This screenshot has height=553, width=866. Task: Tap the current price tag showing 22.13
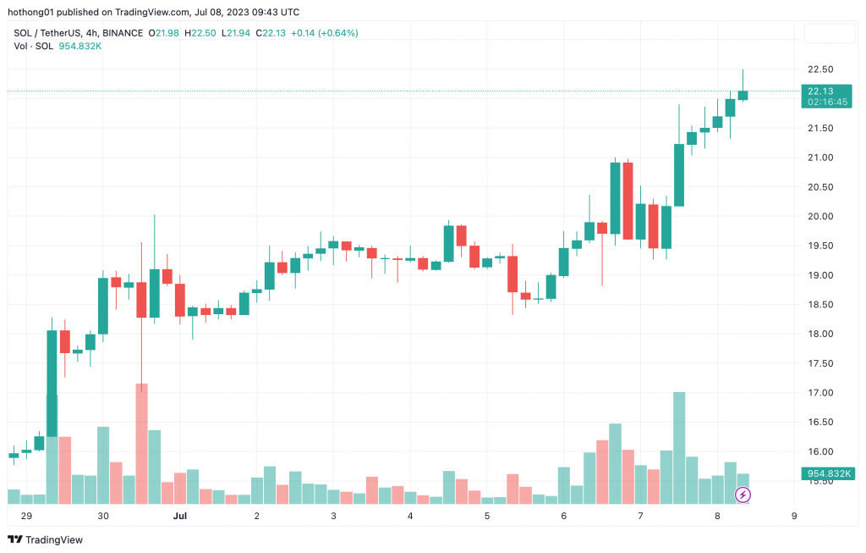820,91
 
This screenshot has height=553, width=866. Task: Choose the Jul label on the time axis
179,515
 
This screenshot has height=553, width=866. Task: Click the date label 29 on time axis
26,515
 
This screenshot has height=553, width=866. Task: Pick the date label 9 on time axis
793,515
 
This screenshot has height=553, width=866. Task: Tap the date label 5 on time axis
486,515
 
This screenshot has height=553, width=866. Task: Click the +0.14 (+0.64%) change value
324,33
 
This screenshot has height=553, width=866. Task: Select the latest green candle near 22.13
743,95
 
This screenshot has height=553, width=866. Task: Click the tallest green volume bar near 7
679,447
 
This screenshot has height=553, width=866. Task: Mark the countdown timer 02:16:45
821,102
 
